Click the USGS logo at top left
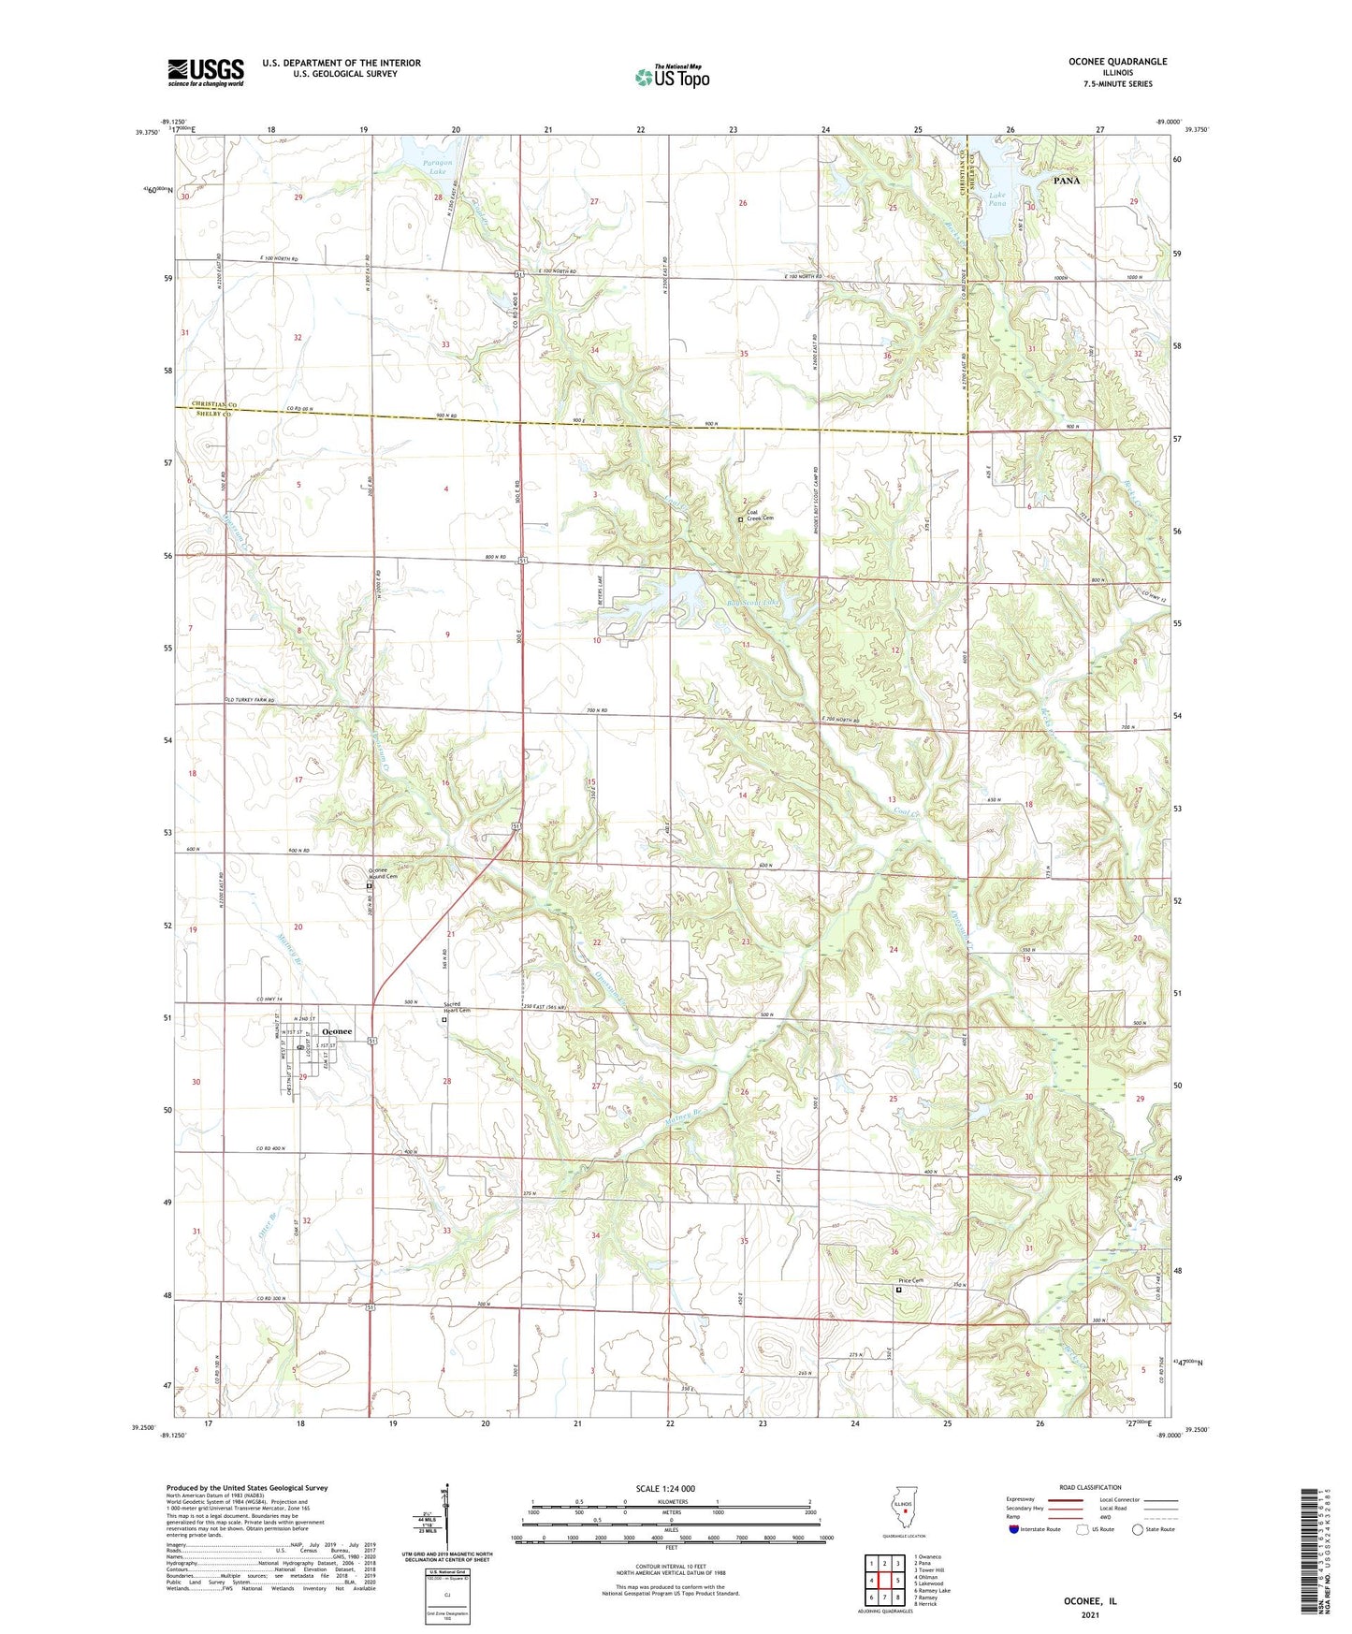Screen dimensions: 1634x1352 tap(206, 72)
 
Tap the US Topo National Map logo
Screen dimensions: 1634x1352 tap(671, 77)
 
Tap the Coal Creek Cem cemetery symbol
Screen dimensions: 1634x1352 tap(740, 519)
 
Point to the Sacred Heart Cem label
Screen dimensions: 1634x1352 tap(456, 1008)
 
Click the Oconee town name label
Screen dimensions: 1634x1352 tap(337, 1031)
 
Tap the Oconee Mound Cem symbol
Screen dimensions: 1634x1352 tap(369, 885)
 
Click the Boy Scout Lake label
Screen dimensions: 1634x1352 tap(753, 604)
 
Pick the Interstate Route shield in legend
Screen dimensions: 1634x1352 tap(1014, 1529)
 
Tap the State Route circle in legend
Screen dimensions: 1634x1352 tap(1138, 1529)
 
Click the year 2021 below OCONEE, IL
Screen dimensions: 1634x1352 tap(1090, 1614)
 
